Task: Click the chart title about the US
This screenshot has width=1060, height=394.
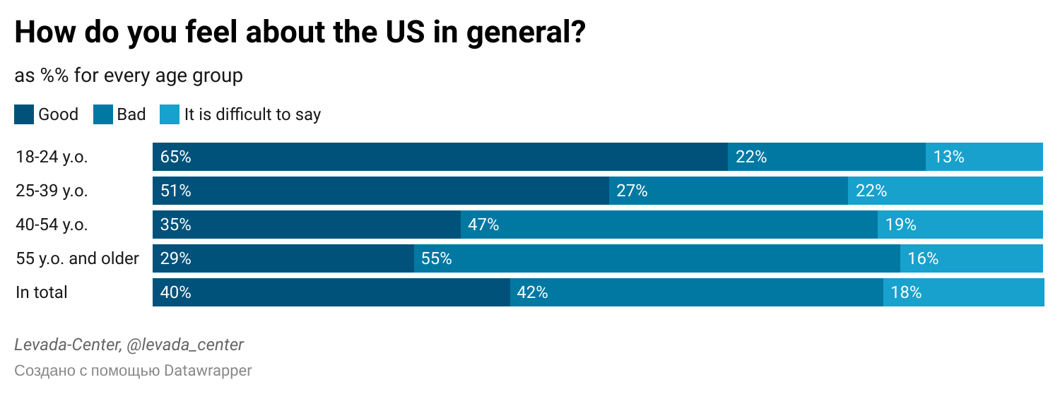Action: [x=300, y=33]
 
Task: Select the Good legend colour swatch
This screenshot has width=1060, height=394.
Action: [x=24, y=114]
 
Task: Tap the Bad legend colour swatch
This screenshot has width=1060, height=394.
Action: [x=103, y=114]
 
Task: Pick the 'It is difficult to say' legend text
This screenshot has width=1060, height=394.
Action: [x=252, y=114]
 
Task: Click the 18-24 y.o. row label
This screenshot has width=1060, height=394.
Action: [x=52, y=157]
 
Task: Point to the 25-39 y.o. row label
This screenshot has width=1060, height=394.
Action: [x=52, y=191]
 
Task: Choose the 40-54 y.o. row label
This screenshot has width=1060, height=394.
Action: [x=52, y=225]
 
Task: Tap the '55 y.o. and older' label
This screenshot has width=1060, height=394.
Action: [x=77, y=258]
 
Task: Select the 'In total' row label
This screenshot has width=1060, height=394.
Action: [x=42, y=292]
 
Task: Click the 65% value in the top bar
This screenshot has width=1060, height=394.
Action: [x=176, y=157]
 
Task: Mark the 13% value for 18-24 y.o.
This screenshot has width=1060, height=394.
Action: [x=948, y=157]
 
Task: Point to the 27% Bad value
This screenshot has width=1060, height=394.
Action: [x=632, y=191]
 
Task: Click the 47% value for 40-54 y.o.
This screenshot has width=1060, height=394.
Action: [x=483, y=225]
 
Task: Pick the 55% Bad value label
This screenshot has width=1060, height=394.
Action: [x=436, y=258]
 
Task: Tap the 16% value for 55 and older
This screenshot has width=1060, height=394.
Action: [x=923, y=258]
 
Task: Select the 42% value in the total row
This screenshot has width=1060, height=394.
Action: [x=532, y=292]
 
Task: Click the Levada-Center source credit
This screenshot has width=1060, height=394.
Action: [x=129, y=345]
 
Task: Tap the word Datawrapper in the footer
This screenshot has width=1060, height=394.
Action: [x=208, y=370]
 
